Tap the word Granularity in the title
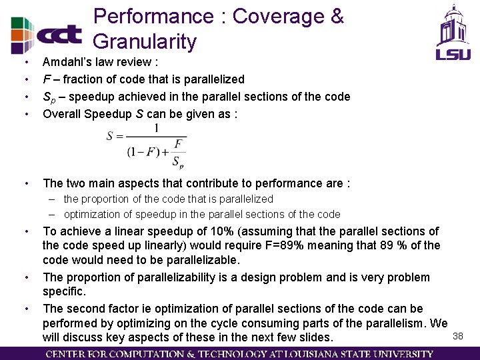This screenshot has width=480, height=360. pyautogui.click(x=145, y=41)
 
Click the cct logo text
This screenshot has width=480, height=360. pyautogui.click(x=59, y=34)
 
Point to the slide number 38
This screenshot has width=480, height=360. pyautogui.click(x=458, y=336)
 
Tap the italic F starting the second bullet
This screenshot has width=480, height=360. pyautogui.click(x=46, y=79)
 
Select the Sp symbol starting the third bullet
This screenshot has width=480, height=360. pyautogui.click(x=49, y=97)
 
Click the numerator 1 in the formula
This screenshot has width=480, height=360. pyautogui.click(x=156, y=128)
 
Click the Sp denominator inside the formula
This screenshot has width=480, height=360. pyautogui.click(x=178, y=162)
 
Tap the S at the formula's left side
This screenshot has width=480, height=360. pyautogui.click(x=110, y=137)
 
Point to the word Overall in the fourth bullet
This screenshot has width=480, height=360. pyautogui.click(x=62, y=114)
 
